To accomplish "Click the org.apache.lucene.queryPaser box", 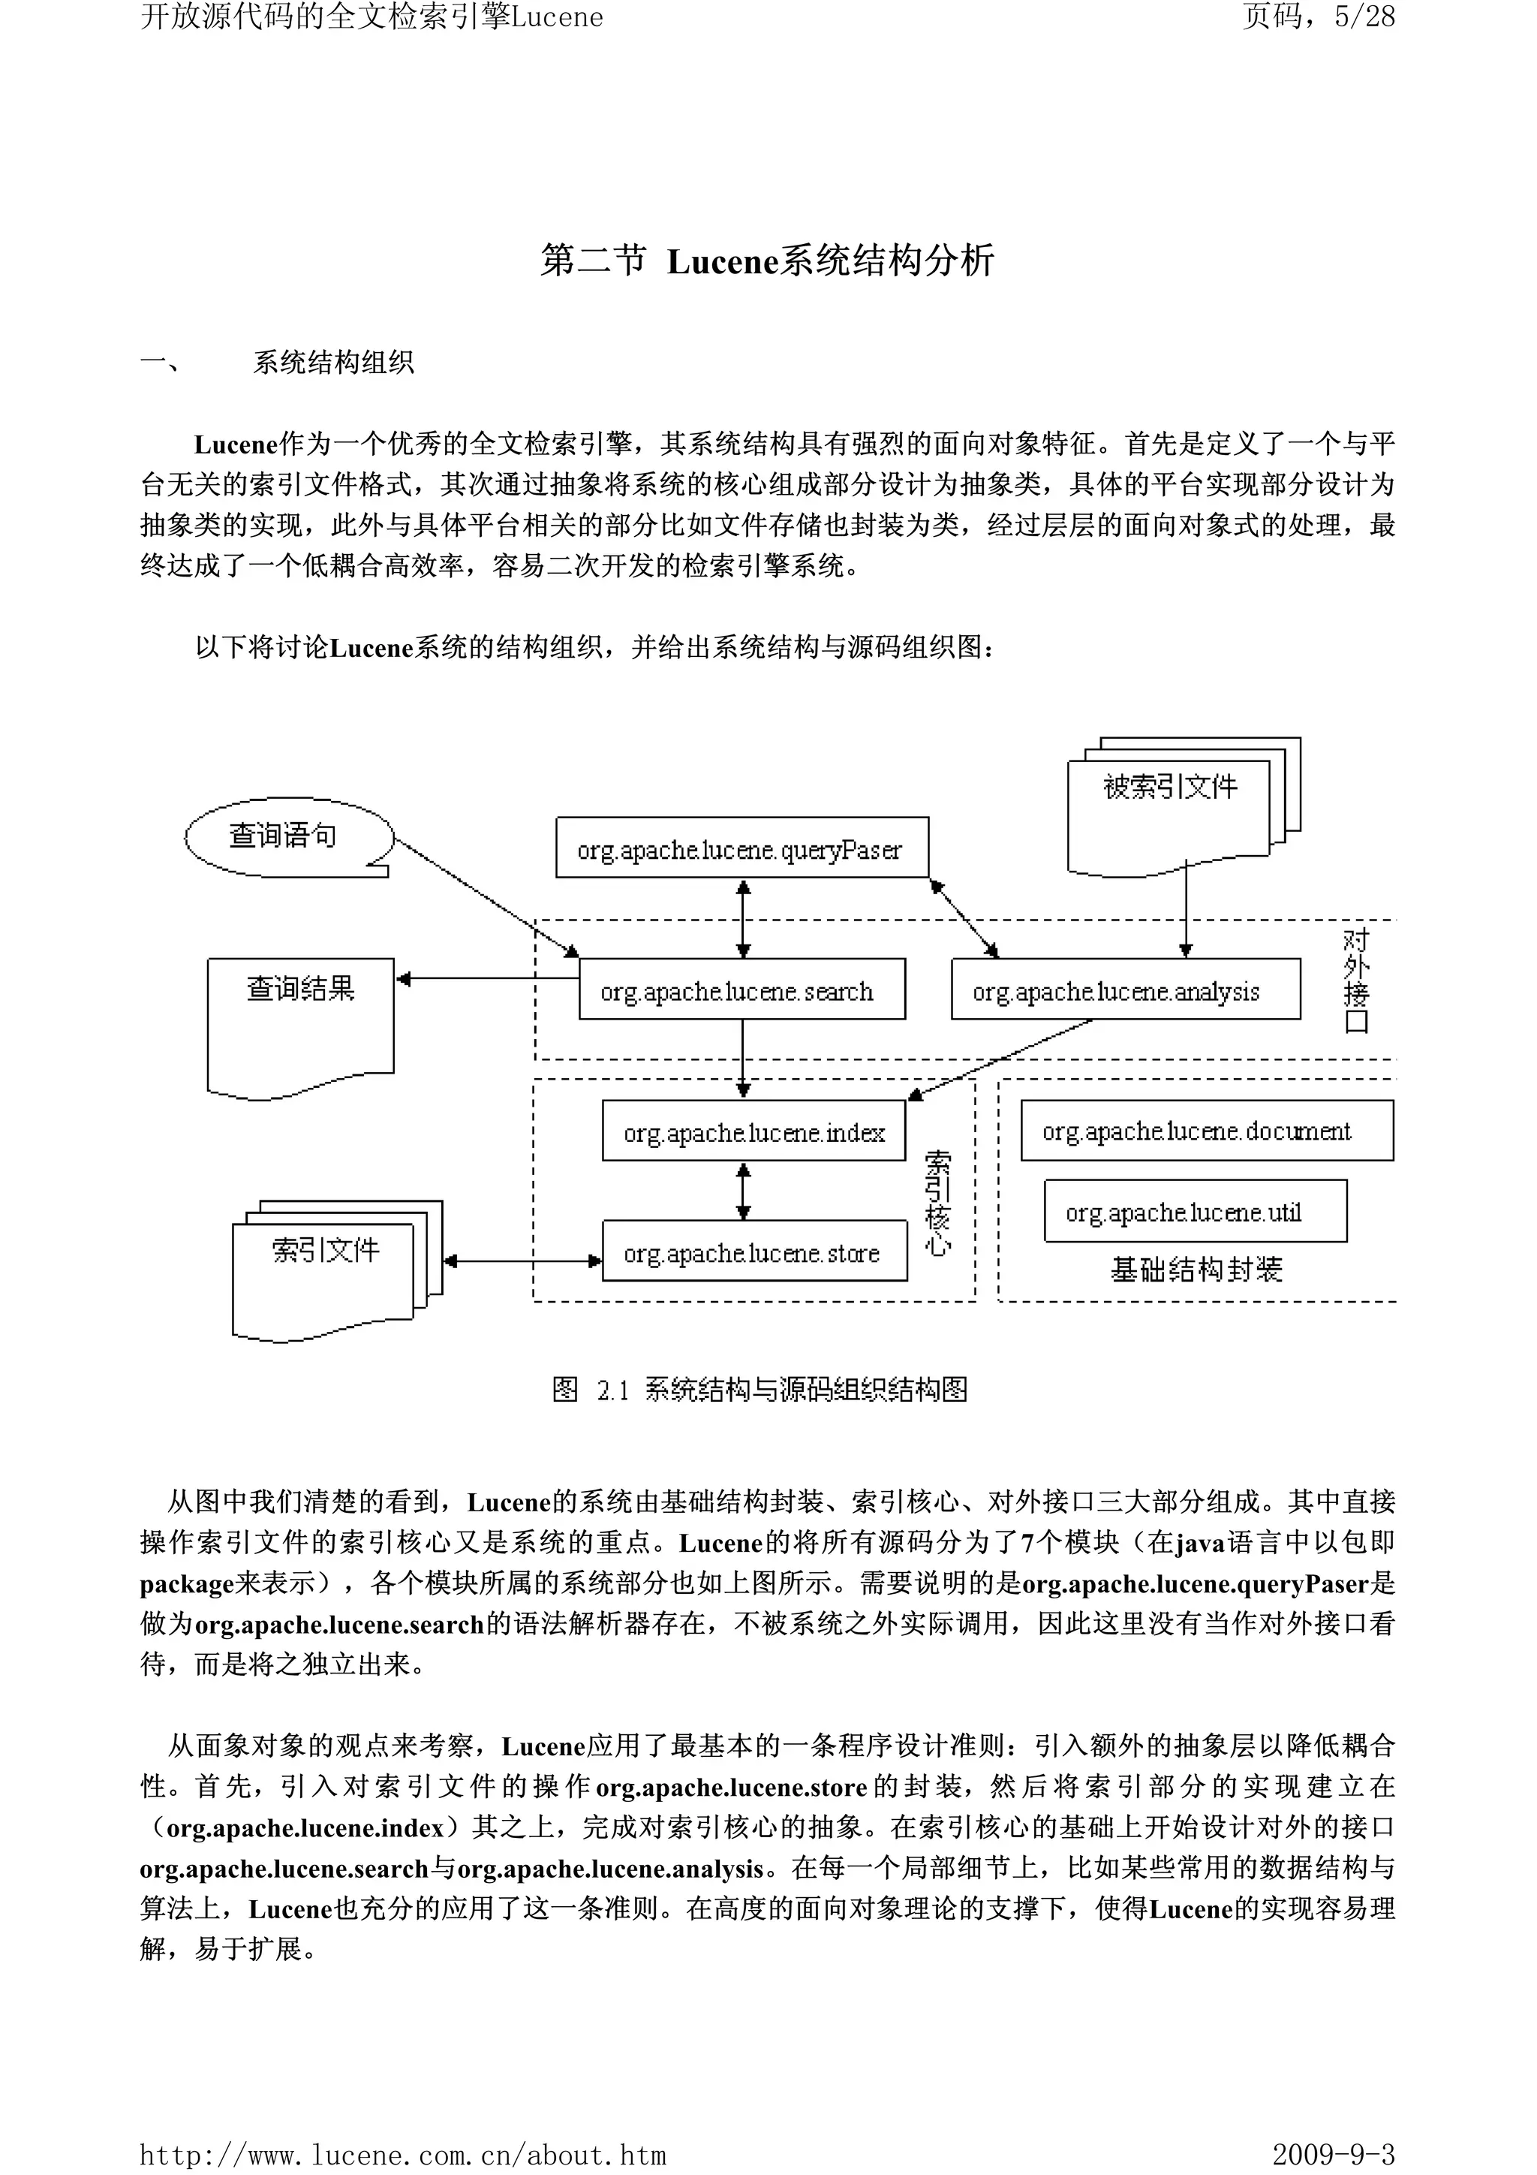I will tap(741, 848).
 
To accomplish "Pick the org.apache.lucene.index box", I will tap(753, 1130).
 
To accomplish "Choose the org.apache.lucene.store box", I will tap(753, 1251).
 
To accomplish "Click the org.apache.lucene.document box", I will tap(1207, 1130).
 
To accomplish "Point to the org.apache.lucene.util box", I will tap(1195, 1211).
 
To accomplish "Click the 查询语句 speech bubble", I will tap(284, 836).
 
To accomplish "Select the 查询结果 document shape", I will tap(300, 1023).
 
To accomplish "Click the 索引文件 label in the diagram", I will tap(325, 1251).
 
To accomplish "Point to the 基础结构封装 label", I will tap(1196, 1270).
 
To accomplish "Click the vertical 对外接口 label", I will tap(1356, 981).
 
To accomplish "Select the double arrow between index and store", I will tap(744, 1191).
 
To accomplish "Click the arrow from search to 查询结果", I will tap(487, 978).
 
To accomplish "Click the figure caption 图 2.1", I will tap(759, 1390).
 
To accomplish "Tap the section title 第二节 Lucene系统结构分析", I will tap(767, 261).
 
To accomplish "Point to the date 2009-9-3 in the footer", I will tap(1334, 2154).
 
